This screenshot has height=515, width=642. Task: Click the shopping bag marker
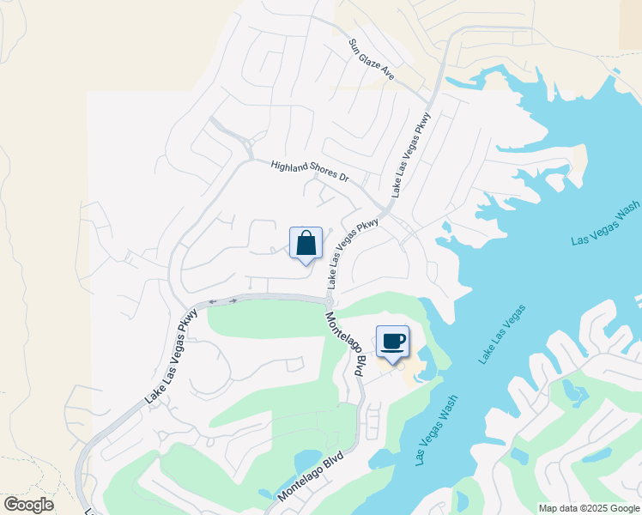[306, 244]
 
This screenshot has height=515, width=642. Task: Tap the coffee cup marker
[392, 342]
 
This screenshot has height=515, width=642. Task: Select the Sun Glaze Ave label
[371, 59]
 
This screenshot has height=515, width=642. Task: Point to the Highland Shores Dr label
[310, 171]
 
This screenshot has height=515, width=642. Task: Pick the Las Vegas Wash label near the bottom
[436, 429]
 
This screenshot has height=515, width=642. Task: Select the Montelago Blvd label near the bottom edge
[311, 478]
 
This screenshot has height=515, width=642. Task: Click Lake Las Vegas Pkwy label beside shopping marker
[352, 253]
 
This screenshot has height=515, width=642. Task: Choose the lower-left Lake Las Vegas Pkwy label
[172, 356]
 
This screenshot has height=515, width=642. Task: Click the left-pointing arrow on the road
[211, 302]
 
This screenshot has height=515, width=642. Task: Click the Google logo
[28, 505]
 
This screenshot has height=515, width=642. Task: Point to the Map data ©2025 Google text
[589, 508]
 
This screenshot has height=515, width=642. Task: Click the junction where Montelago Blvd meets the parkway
[329, 301]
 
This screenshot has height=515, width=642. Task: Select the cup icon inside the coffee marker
[393, 341]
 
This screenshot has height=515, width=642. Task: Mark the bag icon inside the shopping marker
[306, 243]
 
